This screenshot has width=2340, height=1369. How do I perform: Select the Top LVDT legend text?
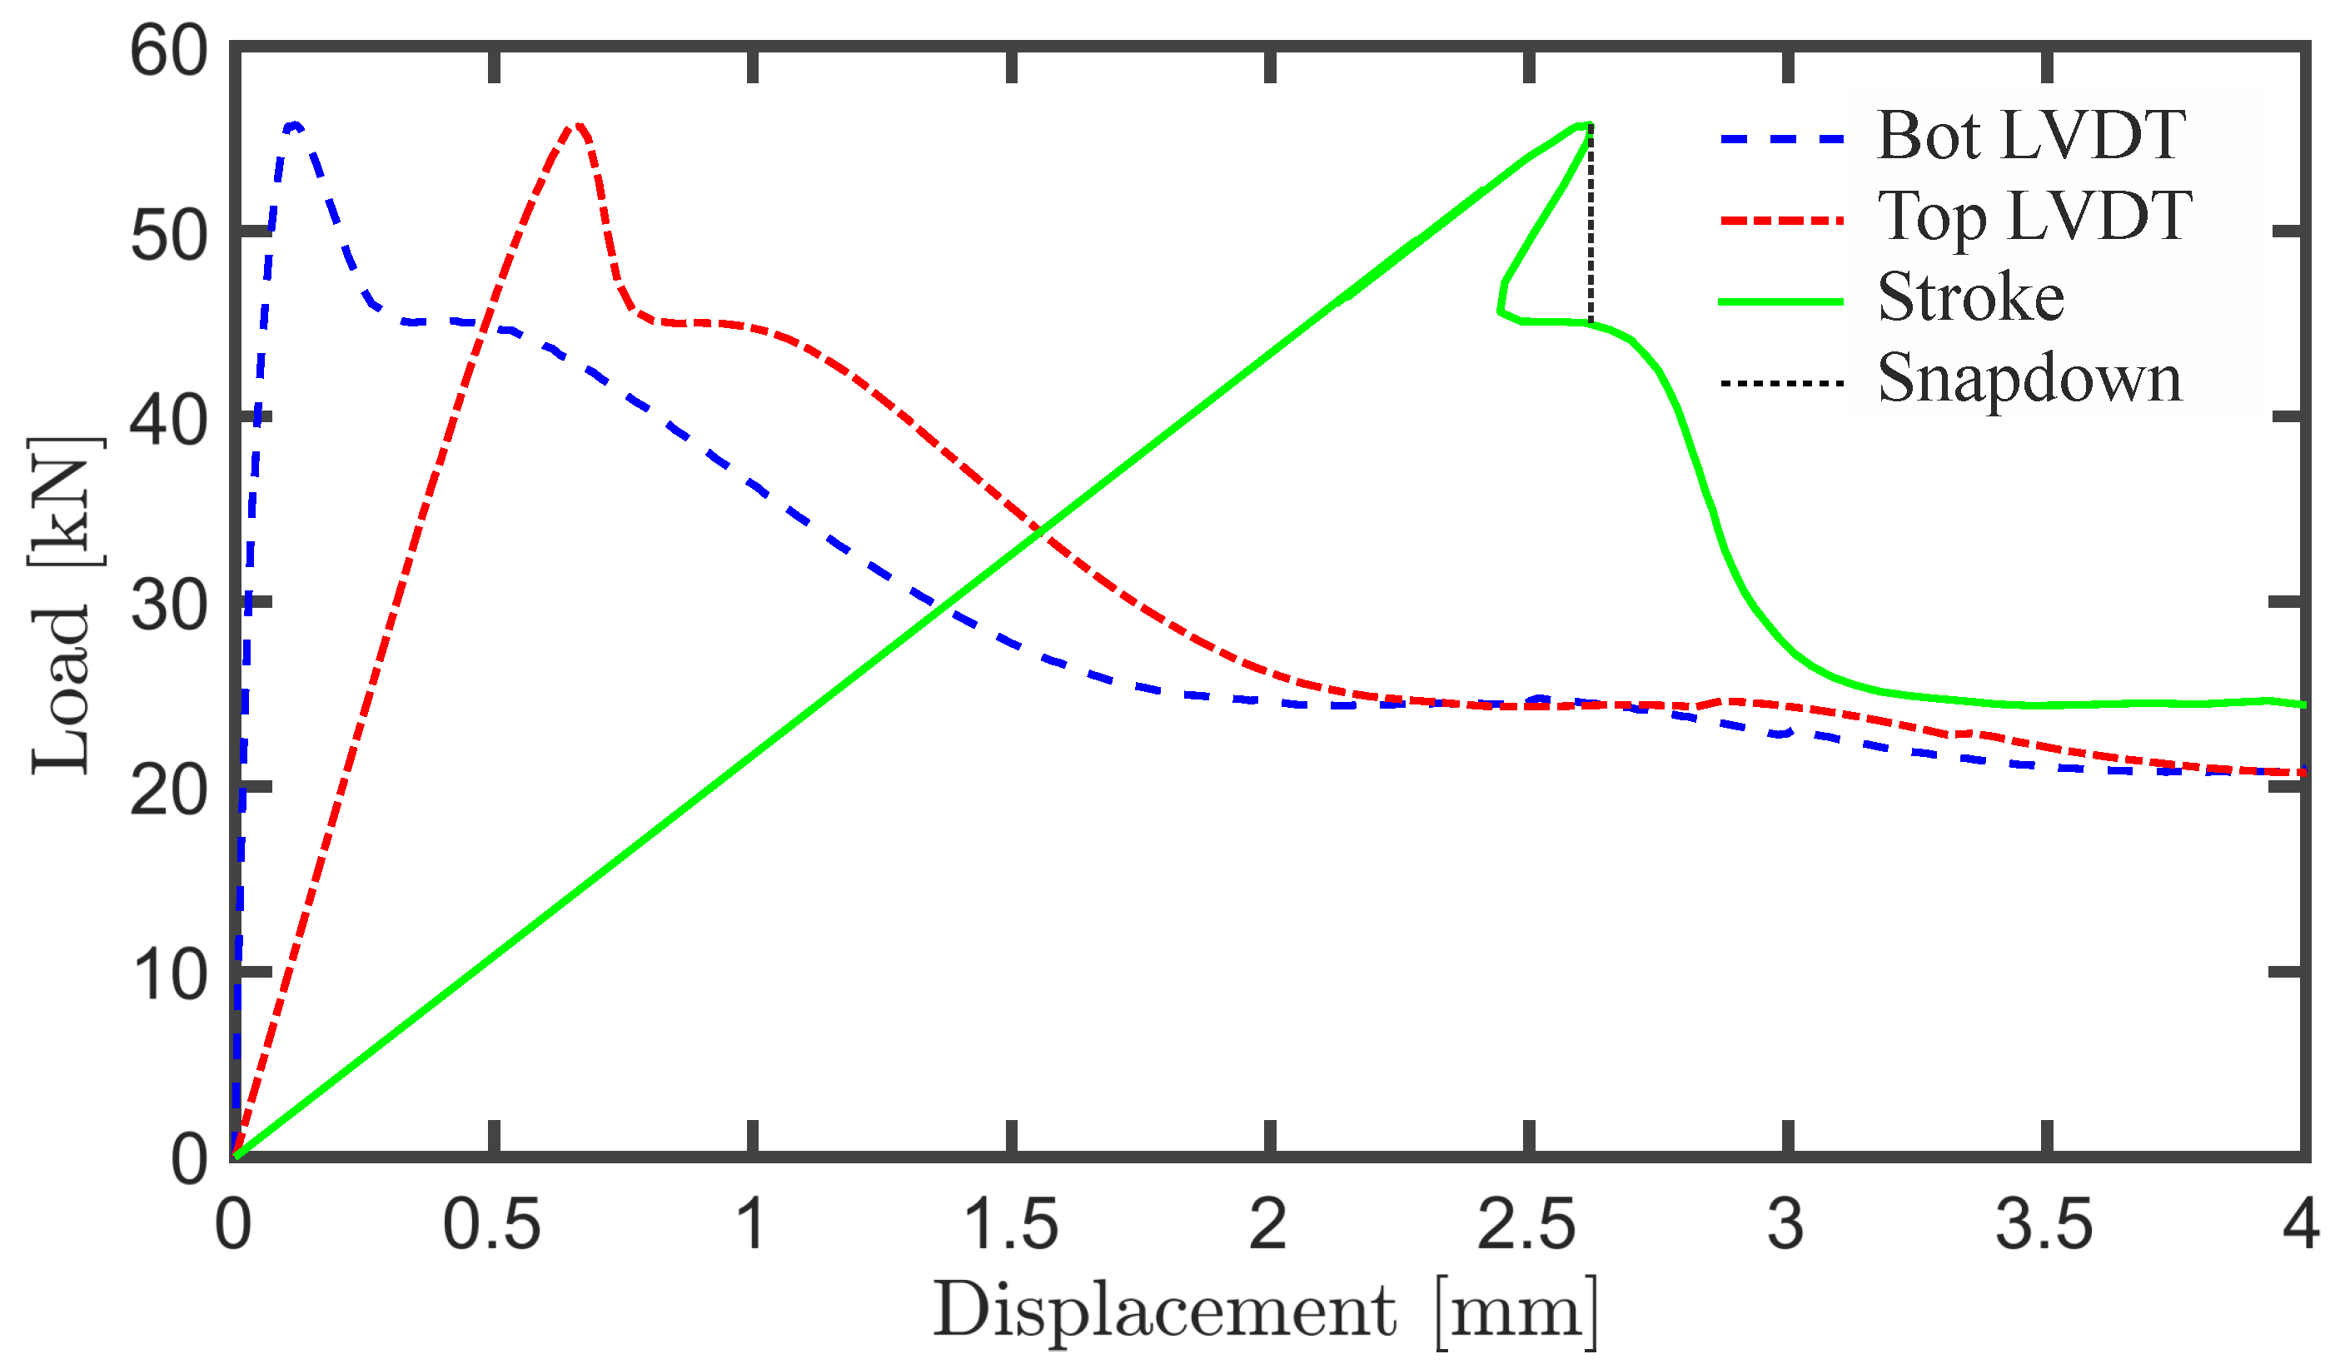tap(2034, 217)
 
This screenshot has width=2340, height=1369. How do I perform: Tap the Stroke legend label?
tap(1970, 299)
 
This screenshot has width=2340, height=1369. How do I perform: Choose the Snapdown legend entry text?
tap(2029, 380)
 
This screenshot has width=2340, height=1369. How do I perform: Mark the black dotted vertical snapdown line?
tap(1591, 227)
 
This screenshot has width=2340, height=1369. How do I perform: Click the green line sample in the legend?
tap(1780, 301)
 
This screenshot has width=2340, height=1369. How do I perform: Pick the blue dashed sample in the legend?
tap(1780, 138)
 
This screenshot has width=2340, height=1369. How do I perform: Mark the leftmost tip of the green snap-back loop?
tap(1499, 312)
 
